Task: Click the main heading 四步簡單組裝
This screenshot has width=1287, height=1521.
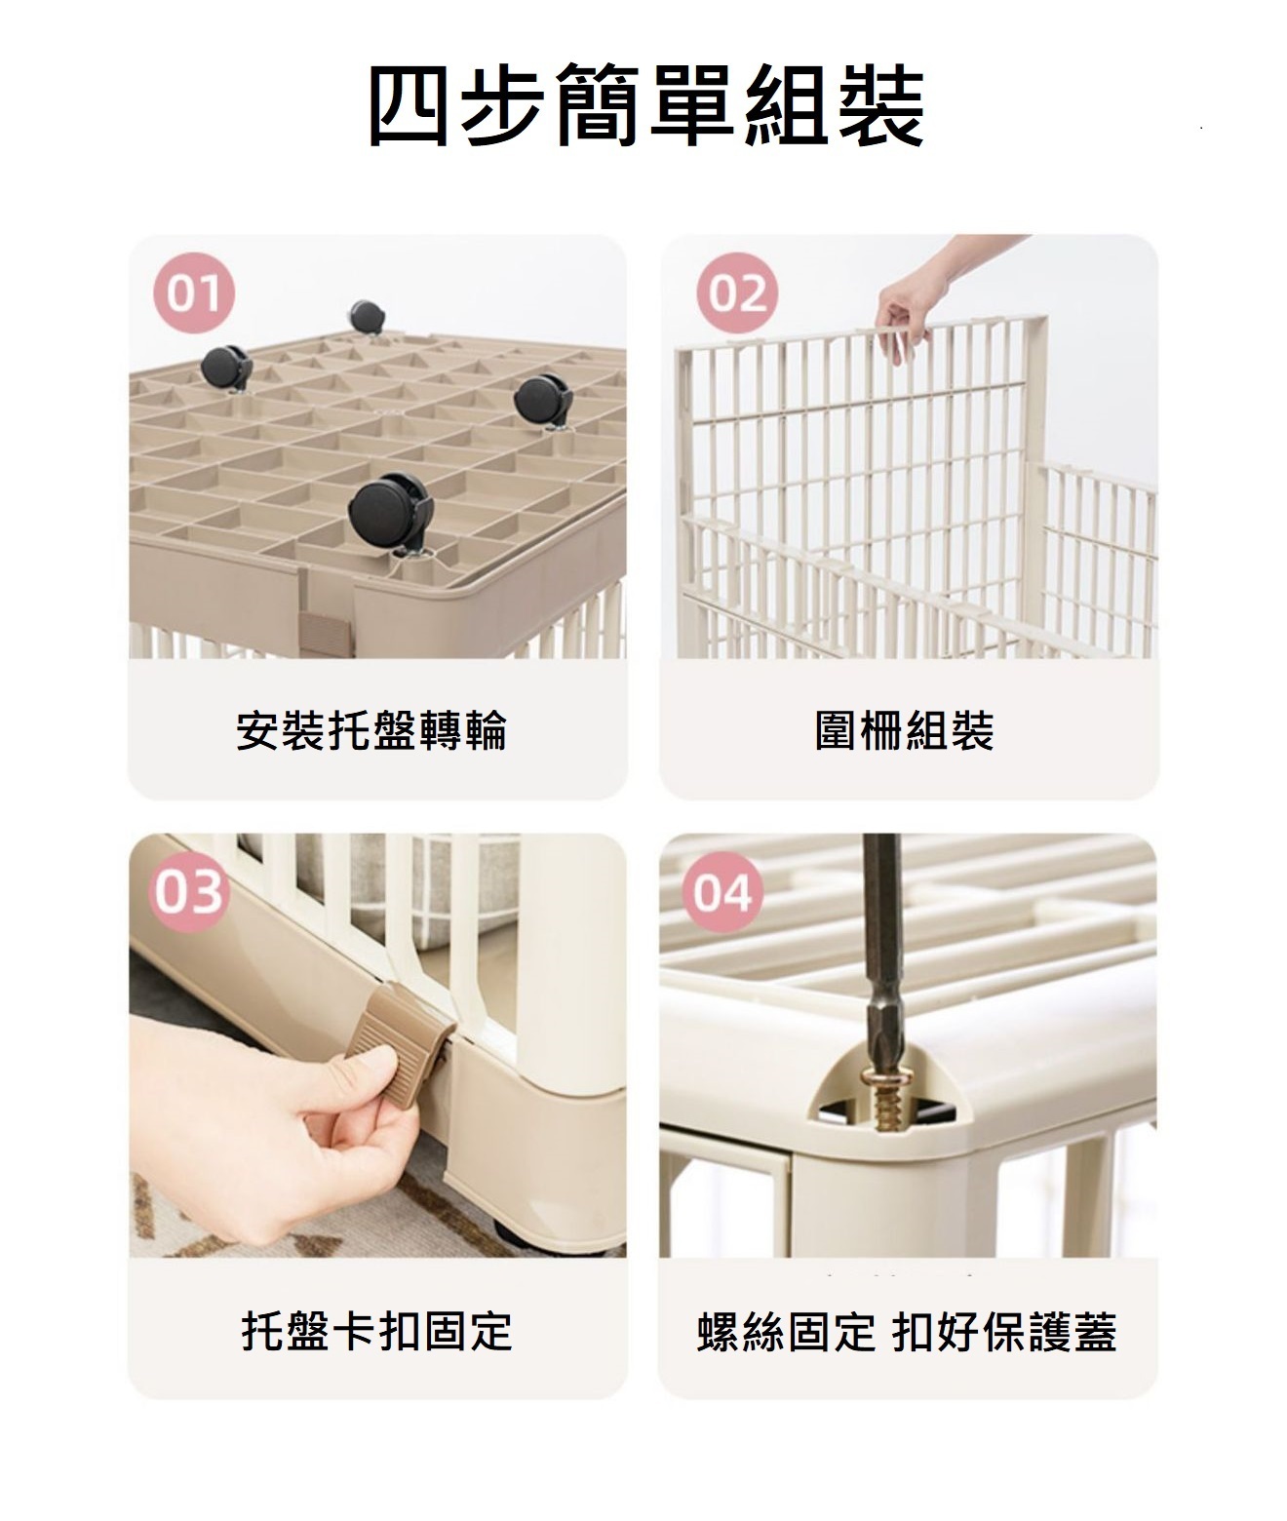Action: (x=645, y=104)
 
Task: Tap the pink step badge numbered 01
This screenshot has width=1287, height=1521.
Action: (x=194, y=292)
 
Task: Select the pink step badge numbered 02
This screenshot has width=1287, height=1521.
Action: (x=737, y=292)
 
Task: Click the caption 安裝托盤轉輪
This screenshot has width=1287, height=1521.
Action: (x=371, y=730)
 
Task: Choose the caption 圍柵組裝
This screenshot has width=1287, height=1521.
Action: (x=905, y=730)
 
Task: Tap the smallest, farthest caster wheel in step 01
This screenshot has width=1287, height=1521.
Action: (x=366, y=317)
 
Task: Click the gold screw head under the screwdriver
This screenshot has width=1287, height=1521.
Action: (x=883, y=1080)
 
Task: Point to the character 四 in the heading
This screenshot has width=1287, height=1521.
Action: (x=409, y=104)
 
